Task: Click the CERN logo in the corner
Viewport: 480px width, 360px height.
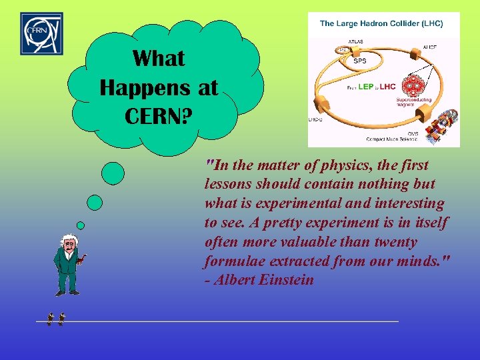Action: [x=41, y=33]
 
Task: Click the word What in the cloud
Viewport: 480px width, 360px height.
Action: [x=159, y=59]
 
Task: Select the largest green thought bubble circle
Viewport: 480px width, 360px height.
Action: [x=112, y=173]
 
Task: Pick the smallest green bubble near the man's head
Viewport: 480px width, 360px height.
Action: [x=81, y=225]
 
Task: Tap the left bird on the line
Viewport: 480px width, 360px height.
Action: [x=50, y=320]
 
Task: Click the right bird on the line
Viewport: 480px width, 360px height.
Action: [x=61, y=320]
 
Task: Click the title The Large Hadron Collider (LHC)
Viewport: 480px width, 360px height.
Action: [x=381, y=23]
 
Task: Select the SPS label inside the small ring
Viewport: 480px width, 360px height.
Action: [x=360, y=60]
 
